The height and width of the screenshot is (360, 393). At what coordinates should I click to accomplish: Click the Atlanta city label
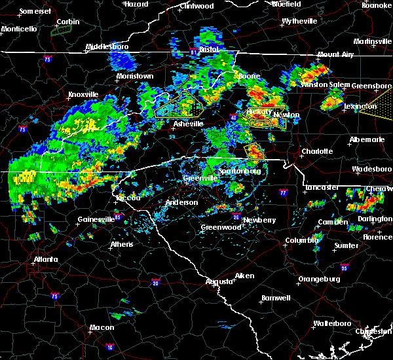(x=45, y=259)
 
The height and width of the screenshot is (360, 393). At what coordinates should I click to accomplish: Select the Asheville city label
(x=189, y=123)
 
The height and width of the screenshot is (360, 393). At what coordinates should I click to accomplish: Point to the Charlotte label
(x=317, y=151)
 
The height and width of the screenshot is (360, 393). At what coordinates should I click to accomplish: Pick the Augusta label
(x=219, y=281)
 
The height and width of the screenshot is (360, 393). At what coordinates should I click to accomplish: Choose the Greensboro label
(x=371, y=86)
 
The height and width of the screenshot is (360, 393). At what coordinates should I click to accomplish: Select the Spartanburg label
(x=240, y=171)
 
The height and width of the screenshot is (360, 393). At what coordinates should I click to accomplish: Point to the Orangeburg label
(x=319, y=279)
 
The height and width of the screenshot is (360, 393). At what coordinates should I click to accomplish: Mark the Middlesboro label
(x=109, y=47)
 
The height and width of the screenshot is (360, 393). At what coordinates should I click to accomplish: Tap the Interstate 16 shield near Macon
(x=109, y=346)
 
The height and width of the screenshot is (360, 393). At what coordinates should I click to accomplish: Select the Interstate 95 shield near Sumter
(x=345, y=267)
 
